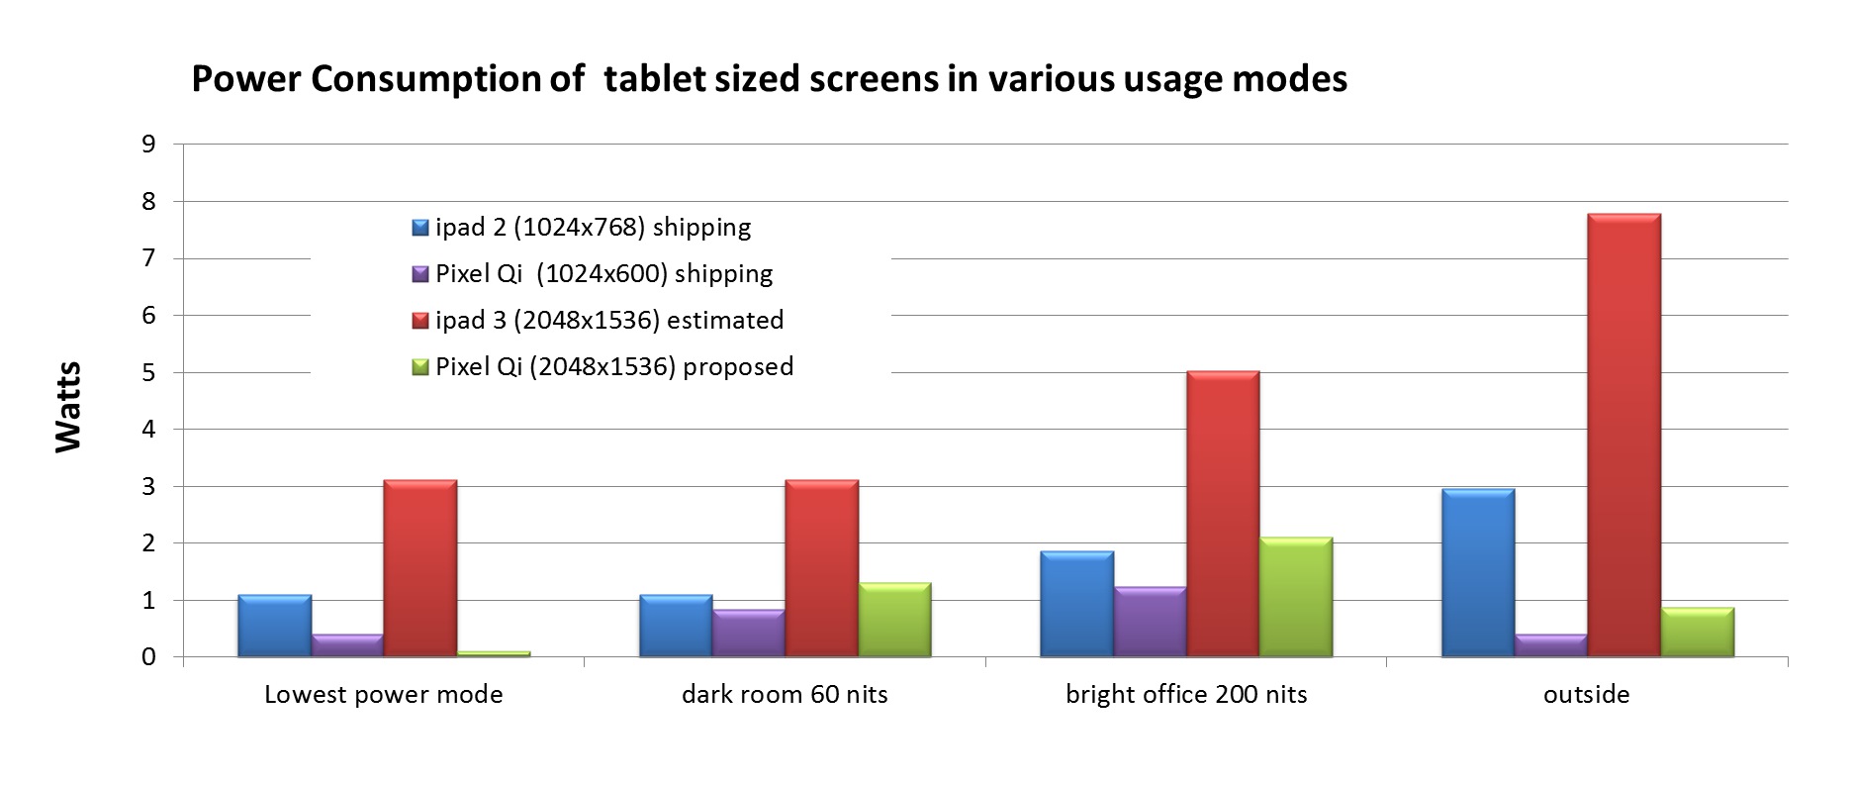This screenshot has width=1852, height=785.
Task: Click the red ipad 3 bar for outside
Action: (1623, 435)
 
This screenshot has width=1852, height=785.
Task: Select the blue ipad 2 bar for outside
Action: (1478, 572)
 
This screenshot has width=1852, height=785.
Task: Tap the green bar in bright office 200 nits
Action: (1296, 597)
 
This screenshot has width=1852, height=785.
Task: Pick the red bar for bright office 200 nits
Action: (1223, 514)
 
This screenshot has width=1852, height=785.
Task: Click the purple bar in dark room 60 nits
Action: (749, 633)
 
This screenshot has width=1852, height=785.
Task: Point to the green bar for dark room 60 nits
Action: (895, 620)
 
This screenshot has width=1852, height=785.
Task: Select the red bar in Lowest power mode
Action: (420, 568)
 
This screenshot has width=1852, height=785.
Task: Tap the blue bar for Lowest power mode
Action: (274, 626)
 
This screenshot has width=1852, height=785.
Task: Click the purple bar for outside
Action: (1550, 644)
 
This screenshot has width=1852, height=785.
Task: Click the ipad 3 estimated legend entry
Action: (599, 321)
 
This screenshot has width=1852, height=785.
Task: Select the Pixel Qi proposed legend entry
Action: (603, 367)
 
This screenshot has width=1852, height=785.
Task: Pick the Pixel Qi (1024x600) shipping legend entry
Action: (594, 274)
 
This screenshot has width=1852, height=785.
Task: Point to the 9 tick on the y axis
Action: (148, 145)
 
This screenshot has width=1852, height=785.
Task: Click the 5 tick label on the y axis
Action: (148, 373)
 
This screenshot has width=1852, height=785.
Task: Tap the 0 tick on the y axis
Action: (148, 657)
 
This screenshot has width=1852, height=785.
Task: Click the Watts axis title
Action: (67, 407)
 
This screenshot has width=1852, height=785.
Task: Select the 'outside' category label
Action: (1586, 695)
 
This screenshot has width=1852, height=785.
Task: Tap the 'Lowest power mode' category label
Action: (384, 695)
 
